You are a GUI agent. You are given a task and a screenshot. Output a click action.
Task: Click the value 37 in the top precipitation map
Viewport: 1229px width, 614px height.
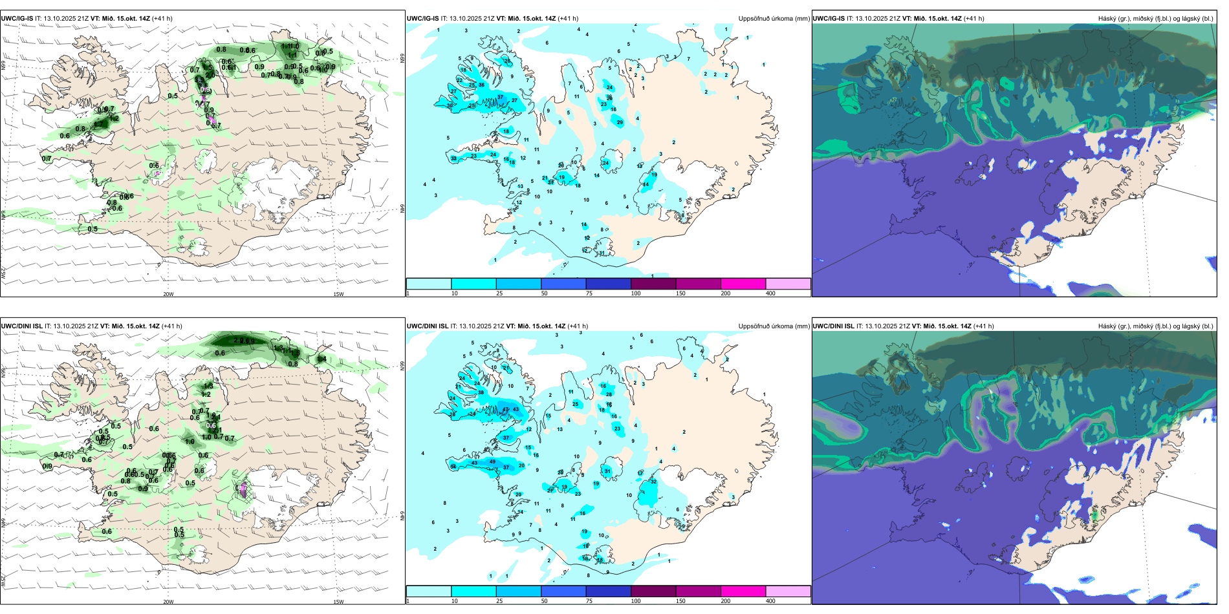coord(500,98)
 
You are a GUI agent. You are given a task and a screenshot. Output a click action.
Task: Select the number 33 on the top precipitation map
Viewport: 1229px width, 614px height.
coord(453,158)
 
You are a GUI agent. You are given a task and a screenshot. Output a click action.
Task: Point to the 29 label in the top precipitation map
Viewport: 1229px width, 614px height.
coord(620,122)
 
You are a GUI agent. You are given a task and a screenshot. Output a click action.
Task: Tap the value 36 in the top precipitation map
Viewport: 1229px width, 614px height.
coord(481,85)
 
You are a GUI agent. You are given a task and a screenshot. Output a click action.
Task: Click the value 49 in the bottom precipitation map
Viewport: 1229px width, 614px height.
coord(492,461)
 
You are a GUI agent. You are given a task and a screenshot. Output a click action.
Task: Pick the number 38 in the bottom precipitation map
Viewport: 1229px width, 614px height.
coord(481,392)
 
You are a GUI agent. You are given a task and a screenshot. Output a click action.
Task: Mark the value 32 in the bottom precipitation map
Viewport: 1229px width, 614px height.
coord(653,482)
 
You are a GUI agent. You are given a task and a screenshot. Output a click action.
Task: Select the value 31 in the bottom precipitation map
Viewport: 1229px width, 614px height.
coord(607,471)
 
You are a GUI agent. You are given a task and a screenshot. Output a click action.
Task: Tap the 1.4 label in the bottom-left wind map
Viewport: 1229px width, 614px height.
coord(321,359)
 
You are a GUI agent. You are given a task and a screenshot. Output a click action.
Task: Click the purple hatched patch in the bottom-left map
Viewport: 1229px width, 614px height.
coord(243,489)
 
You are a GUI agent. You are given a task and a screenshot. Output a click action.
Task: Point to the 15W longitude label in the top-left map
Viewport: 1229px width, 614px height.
coord(338,294)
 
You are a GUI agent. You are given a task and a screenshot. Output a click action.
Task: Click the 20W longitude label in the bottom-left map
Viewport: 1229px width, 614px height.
coord(168,602)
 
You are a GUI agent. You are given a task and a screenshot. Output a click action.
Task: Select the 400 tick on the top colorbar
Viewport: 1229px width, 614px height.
coord(770,293)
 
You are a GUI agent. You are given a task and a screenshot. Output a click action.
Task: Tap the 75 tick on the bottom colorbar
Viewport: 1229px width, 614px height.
coord(589,601)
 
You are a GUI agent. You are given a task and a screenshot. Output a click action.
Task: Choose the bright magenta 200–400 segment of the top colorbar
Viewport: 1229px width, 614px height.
coord(743,284)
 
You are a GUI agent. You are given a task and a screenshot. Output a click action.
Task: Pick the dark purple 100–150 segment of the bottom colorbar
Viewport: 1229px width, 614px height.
coord(653,591)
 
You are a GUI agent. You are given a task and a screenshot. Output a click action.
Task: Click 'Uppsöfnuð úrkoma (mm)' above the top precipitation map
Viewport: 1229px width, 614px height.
coord(774,19)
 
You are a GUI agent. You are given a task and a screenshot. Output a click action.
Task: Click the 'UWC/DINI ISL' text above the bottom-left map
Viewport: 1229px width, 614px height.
coord(22,326)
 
